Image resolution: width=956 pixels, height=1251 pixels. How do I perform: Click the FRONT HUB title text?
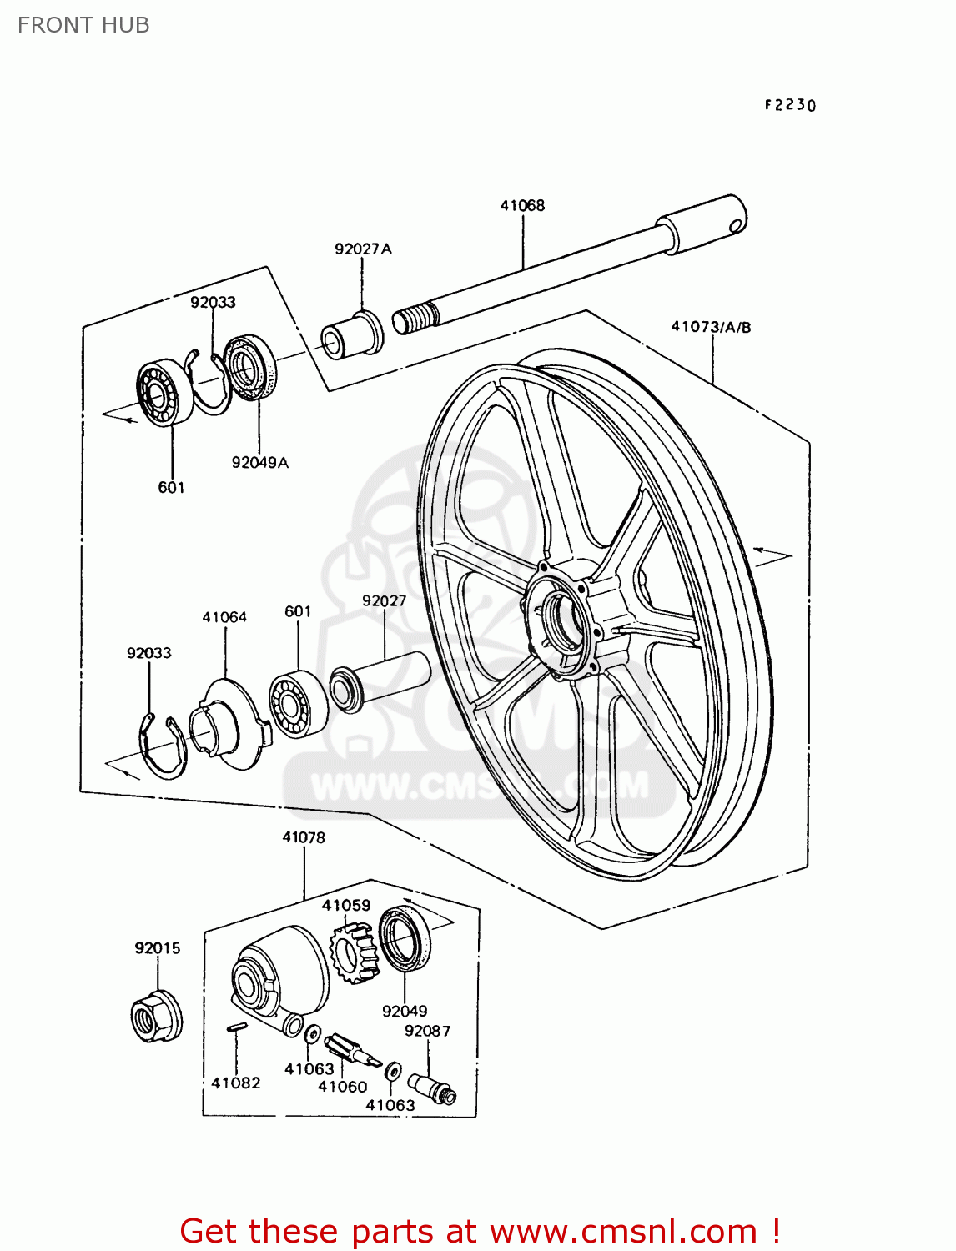tap(83, 25)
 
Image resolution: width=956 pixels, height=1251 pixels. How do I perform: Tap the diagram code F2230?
tap(790, 105)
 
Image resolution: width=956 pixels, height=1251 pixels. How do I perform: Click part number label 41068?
tap(522, 205)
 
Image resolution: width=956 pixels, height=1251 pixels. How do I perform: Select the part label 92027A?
tap(363, 249)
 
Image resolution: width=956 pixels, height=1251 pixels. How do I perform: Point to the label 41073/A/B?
tap(711, 327)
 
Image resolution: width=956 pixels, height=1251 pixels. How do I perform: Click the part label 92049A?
tap(259, 463)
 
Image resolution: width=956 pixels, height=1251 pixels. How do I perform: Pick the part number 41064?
tap(224, 617)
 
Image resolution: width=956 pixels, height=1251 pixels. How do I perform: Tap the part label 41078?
tap(304, 837)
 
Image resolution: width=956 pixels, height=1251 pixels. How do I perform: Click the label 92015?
tap(158, 948)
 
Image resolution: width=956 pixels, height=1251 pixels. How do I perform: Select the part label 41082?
tap(236, 1083)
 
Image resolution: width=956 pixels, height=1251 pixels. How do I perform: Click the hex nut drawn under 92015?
tap(157, 1016)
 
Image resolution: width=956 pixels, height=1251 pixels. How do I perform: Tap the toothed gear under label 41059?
tap(355, 952)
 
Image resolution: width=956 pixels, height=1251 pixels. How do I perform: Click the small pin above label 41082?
tap(236, 1027)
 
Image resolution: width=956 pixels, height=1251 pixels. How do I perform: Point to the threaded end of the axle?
tap(415, 319)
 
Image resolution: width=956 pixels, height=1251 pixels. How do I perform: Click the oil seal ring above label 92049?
tap(405, 938)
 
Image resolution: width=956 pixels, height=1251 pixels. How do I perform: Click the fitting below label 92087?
tap(432, 1088)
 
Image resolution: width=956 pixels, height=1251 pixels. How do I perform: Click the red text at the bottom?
tap(480, 1231)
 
